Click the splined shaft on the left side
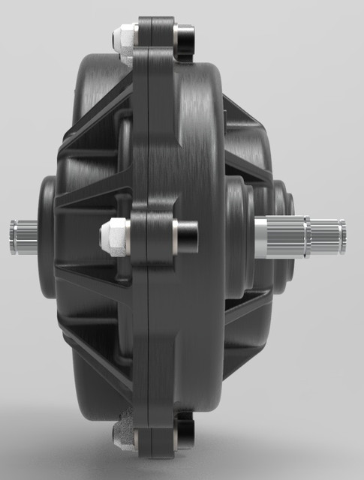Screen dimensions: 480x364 coord(24,237)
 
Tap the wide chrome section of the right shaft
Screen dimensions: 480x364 coord(281,236)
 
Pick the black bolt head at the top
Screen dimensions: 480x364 coord(185,35)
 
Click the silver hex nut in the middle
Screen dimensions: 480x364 coord(114,235)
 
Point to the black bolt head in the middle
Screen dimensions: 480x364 coord(187,235)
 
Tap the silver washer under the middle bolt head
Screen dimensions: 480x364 coord(174,235)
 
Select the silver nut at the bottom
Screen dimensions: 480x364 coord(123,433)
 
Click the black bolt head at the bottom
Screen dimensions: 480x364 coord(184,435)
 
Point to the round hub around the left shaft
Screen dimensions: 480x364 coord(48,237)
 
